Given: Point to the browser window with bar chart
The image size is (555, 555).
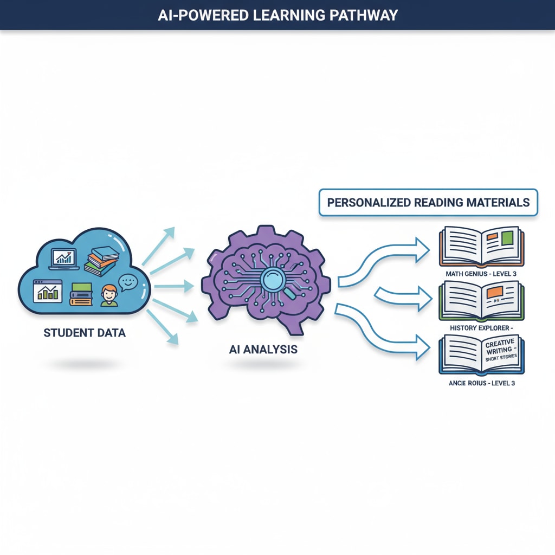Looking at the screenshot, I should (x=47, y=291).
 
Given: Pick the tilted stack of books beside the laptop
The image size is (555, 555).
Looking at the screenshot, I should (x=101, y=260).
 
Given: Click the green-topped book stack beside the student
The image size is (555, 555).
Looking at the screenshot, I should (x=81, y=294).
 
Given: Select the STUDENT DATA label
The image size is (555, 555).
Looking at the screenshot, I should (x=84, y=333).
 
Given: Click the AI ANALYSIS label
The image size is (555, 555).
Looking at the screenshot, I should (x=263, y=350).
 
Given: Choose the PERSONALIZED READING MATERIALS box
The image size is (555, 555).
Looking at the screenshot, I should (x=428, y=203).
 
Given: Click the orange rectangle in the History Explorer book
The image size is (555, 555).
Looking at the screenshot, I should (x=494, y=293).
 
